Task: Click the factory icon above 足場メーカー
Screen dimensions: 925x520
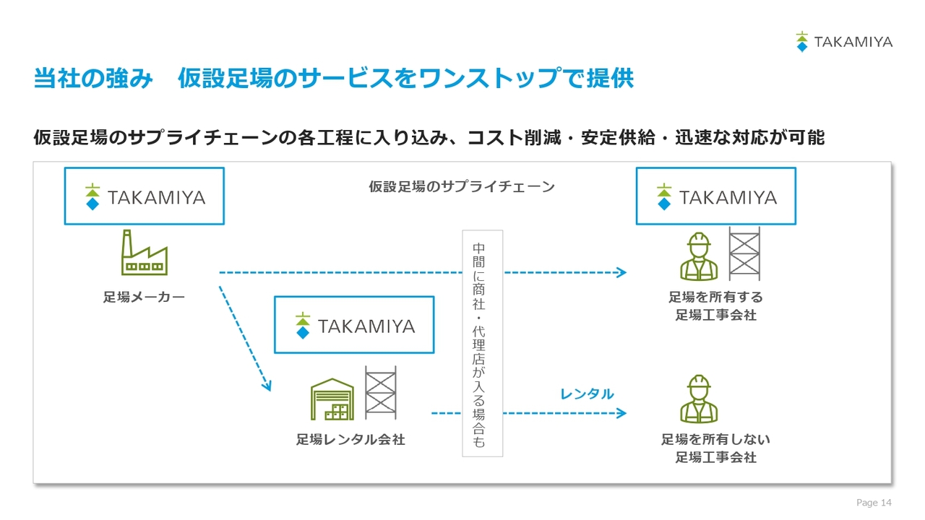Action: [144, 253]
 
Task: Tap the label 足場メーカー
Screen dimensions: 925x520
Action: [144, 297]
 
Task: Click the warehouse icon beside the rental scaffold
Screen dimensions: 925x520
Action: [332, 399]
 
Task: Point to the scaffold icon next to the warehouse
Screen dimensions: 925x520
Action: [381, 392]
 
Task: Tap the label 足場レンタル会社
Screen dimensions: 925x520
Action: [350, 440]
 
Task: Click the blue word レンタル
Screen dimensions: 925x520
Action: [587, 394]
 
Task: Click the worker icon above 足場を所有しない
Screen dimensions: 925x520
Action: [699, 399]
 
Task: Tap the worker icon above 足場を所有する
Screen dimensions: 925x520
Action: [699, 256]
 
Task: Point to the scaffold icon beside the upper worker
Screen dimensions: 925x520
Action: [744, 253]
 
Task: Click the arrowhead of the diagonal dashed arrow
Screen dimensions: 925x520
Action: [267, 386]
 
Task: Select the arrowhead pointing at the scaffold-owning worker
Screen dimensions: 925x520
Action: [622, 272]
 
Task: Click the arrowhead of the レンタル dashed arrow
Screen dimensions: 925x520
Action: [622, 413]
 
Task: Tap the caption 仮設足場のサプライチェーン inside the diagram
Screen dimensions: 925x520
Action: [462, 186]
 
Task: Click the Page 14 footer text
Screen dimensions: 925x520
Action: [874, 502]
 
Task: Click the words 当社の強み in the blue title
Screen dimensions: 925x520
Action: [93, 78]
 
